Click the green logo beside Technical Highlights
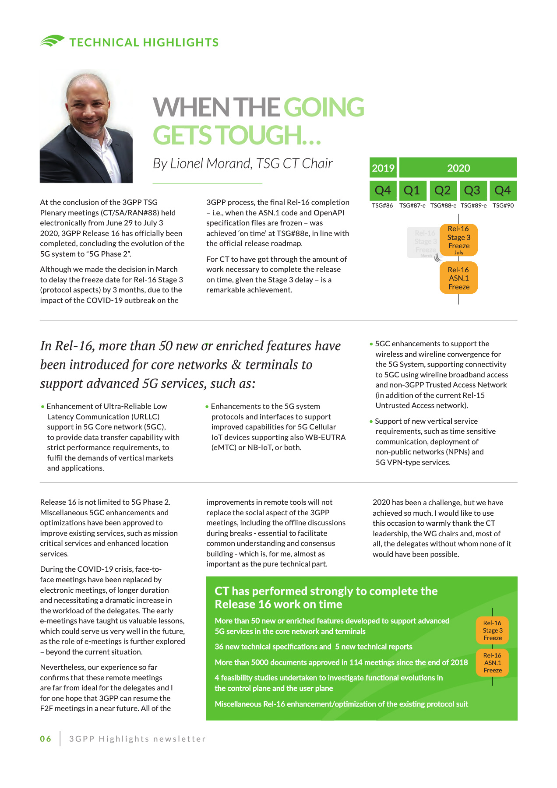coord(52,41)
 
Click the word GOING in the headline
coord(324,108)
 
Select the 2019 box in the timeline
coord(383,168)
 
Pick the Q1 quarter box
coord(412,190)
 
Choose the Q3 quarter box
coord(472,190)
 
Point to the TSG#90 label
coord(503,205)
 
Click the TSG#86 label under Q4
coord(382,205)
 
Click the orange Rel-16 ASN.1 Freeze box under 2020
coord(458,278)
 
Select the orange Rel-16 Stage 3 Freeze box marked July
coord(458,239)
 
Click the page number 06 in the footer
coord(46,739)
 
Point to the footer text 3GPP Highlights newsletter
coord(137,739)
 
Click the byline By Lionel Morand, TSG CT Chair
coord(243,164)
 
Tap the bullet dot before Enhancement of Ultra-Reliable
coord(42,407)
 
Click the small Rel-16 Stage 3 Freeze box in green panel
coord(493,630)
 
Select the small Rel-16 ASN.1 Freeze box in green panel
coord(493,663)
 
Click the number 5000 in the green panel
coord(263,662)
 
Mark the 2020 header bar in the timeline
coord(458,168)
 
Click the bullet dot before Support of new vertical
coord(371,422)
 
